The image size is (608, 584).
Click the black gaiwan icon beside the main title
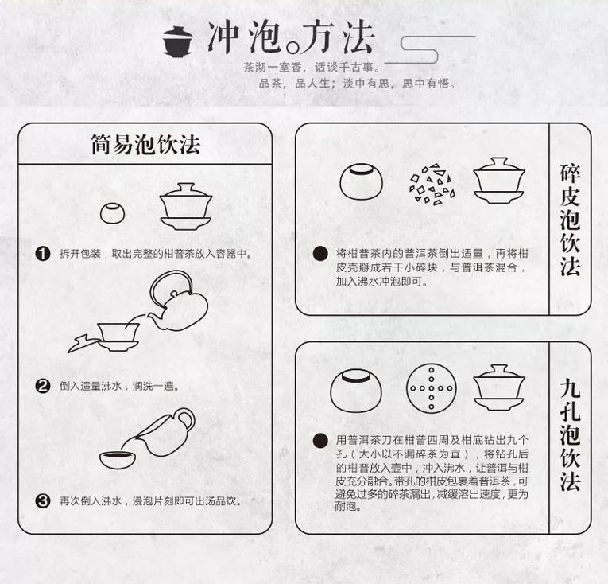tap(177, 41)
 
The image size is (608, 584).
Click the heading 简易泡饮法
tap(145, 145)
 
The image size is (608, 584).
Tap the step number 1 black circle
tap(43, 254)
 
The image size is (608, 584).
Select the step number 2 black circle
tap(43, 387)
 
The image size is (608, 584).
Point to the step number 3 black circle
tap(43, 501)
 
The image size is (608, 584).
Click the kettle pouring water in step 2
tap(177, 302)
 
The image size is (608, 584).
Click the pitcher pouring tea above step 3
tap(165, 432)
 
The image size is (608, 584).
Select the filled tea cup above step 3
tap(118, 460)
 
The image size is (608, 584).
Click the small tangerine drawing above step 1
tap(112, 213)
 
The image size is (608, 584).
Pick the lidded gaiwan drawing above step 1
tap(186, 207)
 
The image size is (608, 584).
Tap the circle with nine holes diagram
tap(432, 388)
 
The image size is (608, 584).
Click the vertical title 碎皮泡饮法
tap(570, 220)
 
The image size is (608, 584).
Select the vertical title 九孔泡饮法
tap(570, 434)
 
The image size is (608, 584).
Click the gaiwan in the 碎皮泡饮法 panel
tap(499, 180)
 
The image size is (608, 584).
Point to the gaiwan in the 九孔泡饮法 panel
tap(499, 387)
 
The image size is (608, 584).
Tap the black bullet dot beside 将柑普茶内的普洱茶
tap(320, 254)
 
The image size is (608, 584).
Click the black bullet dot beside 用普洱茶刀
tap(320, 440)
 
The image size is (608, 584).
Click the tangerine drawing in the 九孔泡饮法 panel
tap(356, 391)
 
